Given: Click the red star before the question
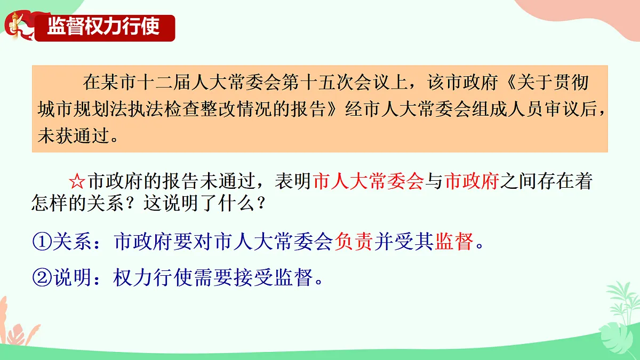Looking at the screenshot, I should pos(78,182).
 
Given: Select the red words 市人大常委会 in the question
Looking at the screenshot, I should pos(369,182).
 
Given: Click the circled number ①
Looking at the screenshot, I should pos(41,243).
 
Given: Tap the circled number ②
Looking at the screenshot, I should pos(41,277).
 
